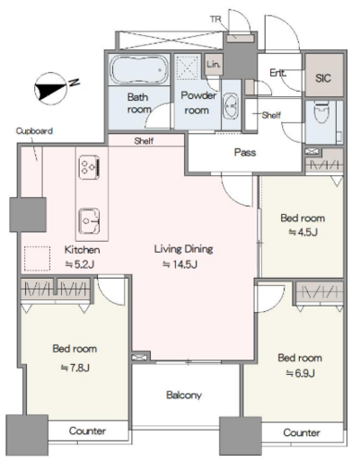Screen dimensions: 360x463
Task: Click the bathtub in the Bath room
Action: coord(140,69)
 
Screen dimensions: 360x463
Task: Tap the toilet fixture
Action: coord(321,113)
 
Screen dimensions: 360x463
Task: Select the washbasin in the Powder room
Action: coord(230,105)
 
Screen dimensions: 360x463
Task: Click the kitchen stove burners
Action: coord(89,167)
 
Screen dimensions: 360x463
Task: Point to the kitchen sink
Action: coord(89,221)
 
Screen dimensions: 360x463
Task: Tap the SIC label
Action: coord(323,78)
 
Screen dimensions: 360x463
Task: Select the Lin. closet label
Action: coord(214,64)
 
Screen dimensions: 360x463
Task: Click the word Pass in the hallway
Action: coord(245,152)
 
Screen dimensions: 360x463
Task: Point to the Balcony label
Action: coord(184,394)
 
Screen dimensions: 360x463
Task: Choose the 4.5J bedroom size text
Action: coord(303,232)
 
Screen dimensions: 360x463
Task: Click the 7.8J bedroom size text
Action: coord(75,368)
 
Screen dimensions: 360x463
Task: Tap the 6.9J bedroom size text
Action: coord(300,373)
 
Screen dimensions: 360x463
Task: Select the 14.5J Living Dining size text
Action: coord(180,264)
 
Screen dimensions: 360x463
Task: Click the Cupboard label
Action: coord(34,131)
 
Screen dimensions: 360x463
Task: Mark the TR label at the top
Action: coord(216,19)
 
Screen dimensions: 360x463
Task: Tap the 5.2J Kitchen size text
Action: coord(80,264)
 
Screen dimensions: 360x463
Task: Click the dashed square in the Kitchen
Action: coord(37,258)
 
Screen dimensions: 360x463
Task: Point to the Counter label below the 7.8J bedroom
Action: coord(87,431)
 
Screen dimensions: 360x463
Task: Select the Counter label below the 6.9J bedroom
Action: coord(302,432)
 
